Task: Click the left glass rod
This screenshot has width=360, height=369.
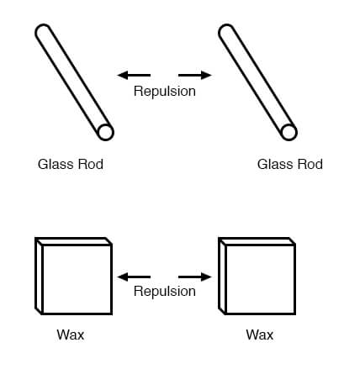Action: tap(74, 82)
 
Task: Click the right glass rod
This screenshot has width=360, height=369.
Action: tap(257, 82)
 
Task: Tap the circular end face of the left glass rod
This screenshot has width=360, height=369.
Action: tap(106, 132)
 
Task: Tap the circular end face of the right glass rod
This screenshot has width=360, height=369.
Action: tap(289, 132)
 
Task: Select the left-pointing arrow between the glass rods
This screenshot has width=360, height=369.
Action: tap(134, 75)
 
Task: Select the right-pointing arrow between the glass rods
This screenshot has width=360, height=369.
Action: tap(195, 75)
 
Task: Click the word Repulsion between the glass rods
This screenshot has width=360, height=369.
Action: tap(165, 92)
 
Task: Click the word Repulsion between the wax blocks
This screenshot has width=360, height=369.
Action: tap(165, 291)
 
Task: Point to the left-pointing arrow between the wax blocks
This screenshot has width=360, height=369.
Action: tap(134, 277)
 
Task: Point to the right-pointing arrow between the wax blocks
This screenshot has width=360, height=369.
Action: tap(195, 277)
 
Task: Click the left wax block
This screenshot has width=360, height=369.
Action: tap(73, 277)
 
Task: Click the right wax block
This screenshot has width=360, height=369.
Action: tap(257, 277)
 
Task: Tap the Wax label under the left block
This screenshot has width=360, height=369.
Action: tap(71, 335)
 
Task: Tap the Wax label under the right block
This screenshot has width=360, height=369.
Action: tap(260, 335)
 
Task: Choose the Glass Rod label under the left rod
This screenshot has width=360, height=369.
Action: tap(71, 164)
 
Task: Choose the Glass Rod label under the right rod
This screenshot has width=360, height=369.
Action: tap(290, 164)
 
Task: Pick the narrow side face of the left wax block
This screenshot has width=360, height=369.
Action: tap(39, 277)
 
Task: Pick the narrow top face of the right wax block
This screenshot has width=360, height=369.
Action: tap(257, 241)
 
